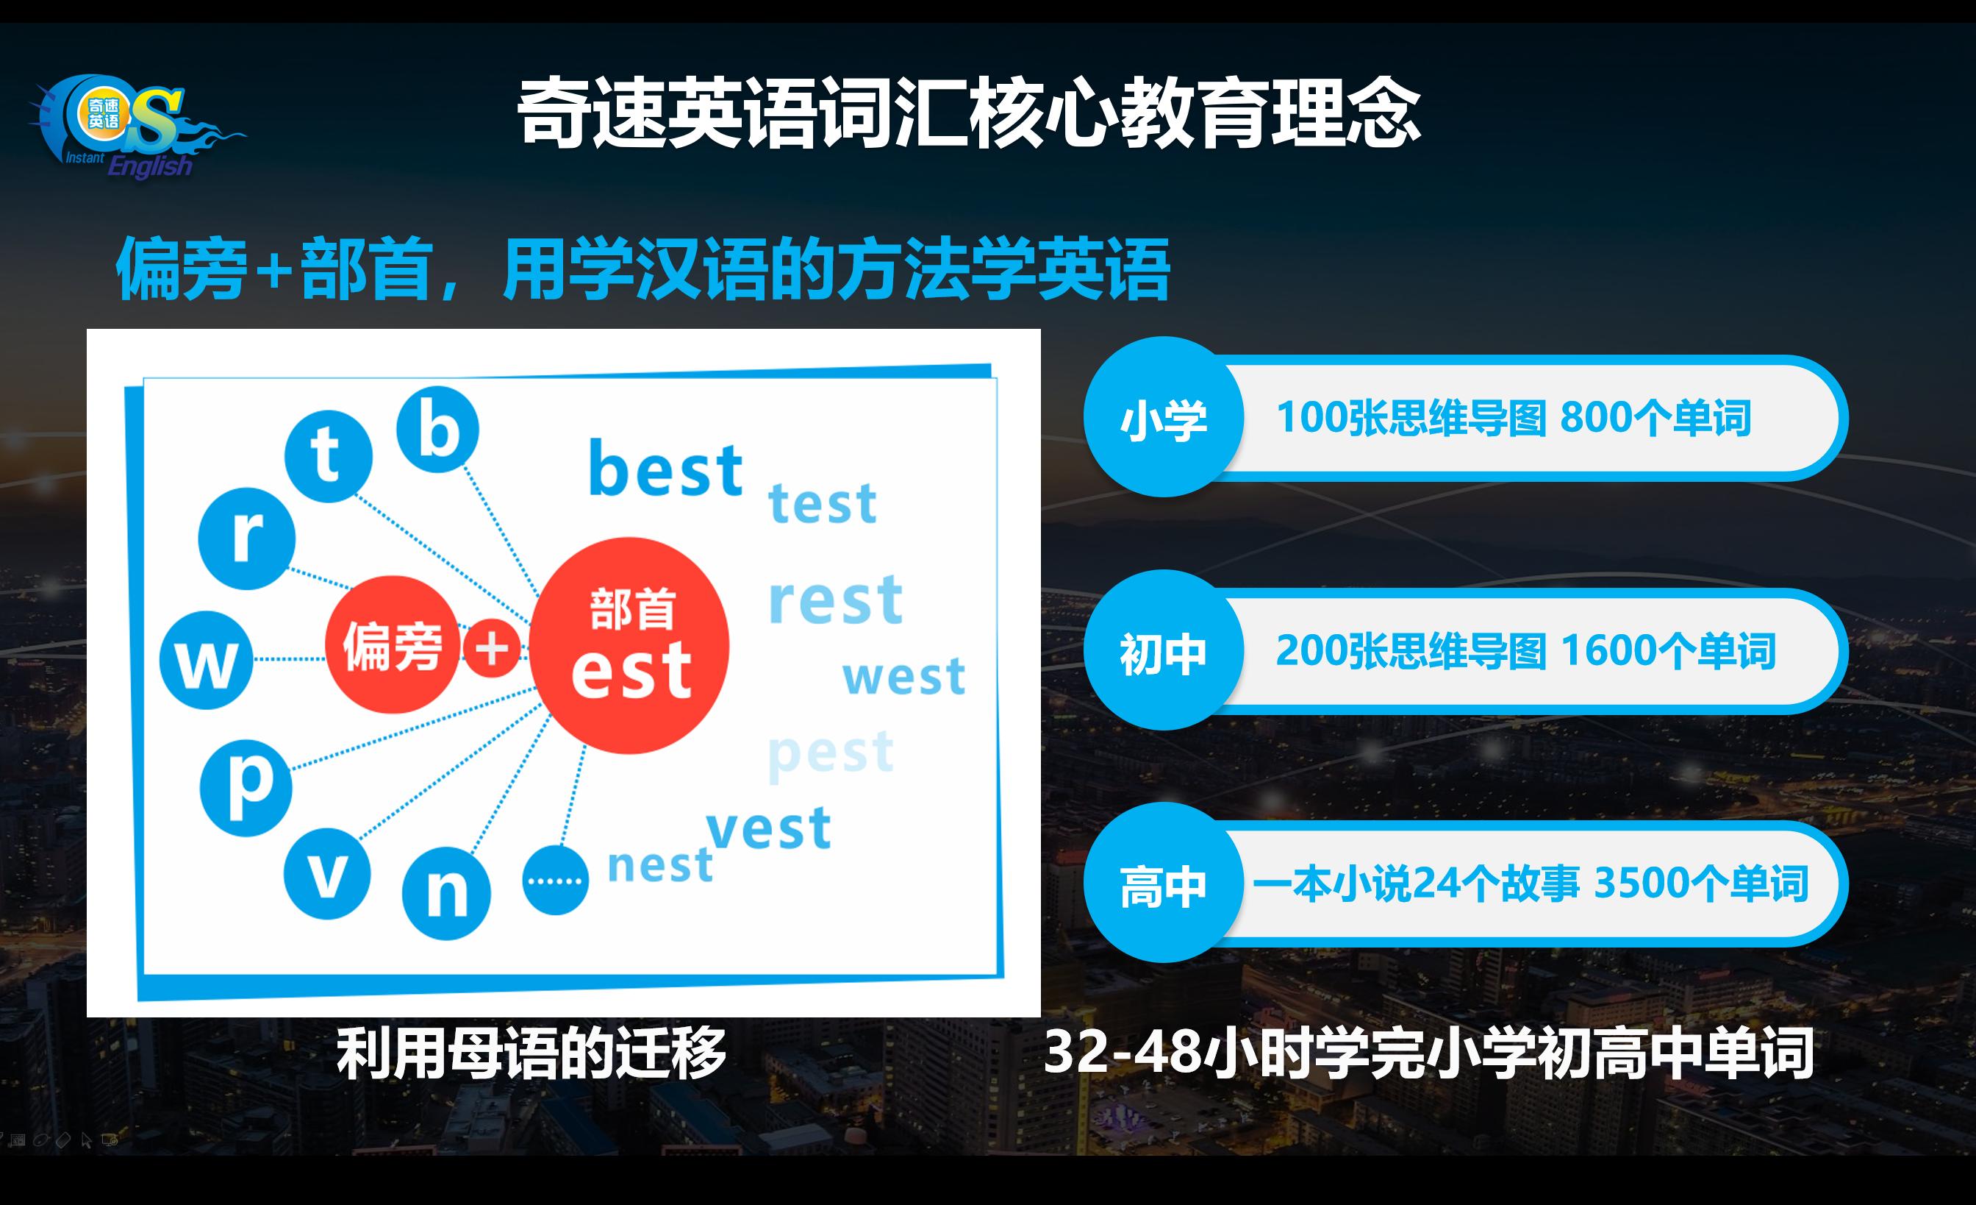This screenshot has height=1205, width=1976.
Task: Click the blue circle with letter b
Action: pyautogui.click(x=438, y=429)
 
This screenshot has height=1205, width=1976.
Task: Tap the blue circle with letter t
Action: pyautogui.click(x=328, y=455)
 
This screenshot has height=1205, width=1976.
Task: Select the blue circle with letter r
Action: pyautogui.click(x=246, y=538)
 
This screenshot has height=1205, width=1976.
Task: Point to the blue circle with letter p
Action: pyautogui.click(x=246, y=787)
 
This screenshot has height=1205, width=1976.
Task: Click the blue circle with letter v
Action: pyautogui.click(x=327, y=874)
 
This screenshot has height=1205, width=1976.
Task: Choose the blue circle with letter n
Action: pyautogui.click(x=446, y=893)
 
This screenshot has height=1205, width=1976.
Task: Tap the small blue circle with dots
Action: pyautogui.click(x=555, y=880)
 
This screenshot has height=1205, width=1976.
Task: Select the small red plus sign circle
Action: pyautogui.click(x=492, y=647)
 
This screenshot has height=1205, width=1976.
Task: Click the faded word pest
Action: pyautogui.click(x=831, y=754)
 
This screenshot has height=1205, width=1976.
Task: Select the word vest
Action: pyautogui.click(x=768, y=829)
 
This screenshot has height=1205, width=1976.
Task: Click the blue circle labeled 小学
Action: pyautogui.click(x=1163, y=418)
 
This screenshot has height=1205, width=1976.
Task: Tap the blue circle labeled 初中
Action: pyautogui.click(x=1163, y=650)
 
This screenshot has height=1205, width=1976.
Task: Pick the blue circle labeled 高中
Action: pyautogui.click(x=1163, y=884)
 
